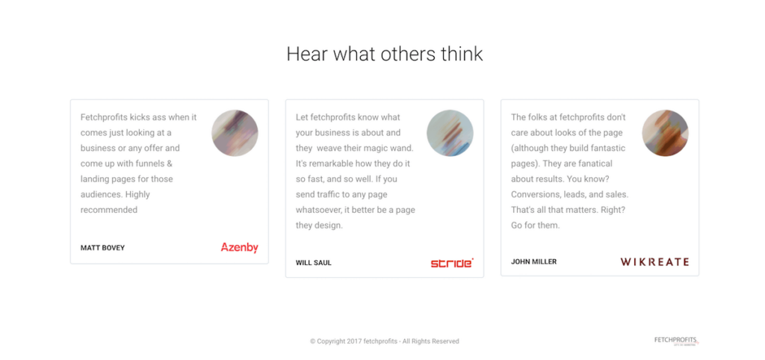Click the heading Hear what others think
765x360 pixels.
[385, 54]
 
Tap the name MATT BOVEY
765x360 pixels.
[102, 248]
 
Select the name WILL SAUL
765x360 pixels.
[313, 263]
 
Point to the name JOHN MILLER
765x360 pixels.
[533, 262]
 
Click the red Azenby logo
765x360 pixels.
[240, 248]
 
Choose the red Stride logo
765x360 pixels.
[452, 264]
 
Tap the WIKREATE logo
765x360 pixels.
[654, 262]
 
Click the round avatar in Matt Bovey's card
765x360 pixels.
[235, 133]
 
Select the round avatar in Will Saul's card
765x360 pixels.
[450, 133]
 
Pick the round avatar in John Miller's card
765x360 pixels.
[665, 133]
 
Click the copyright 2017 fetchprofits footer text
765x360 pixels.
[385, 341]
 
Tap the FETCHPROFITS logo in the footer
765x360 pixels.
[677, 341]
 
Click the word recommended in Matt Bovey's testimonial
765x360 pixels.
[109, 210]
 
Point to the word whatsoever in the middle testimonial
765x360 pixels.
[318, 210]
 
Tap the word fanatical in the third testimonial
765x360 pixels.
[595, 164]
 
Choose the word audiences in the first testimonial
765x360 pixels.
[102, 195]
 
